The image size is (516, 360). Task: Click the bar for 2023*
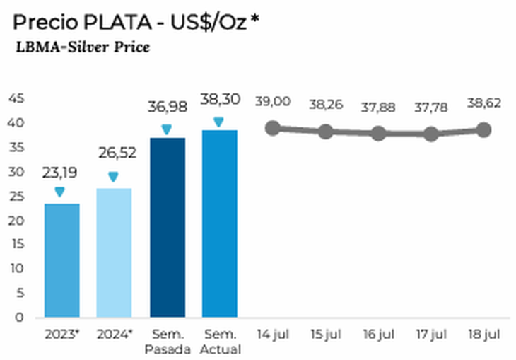tap(61, 260)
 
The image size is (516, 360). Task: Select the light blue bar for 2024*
tap(114, 252)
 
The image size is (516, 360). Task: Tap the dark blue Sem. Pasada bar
tap(168, 227)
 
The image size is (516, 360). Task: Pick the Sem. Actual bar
tap(219, 223)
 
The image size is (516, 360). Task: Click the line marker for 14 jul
tap(273, 128)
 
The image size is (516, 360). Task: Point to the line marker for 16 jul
tap(378, 134)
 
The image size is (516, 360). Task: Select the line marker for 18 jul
tap(483, 129)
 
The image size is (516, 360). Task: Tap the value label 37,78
tap(431, 107)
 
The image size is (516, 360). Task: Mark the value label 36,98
tap(167, 107)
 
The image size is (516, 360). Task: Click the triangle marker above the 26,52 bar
tap(113, 177)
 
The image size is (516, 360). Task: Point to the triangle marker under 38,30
tap(219, 122)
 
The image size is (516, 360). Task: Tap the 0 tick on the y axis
tap(19, 317)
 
